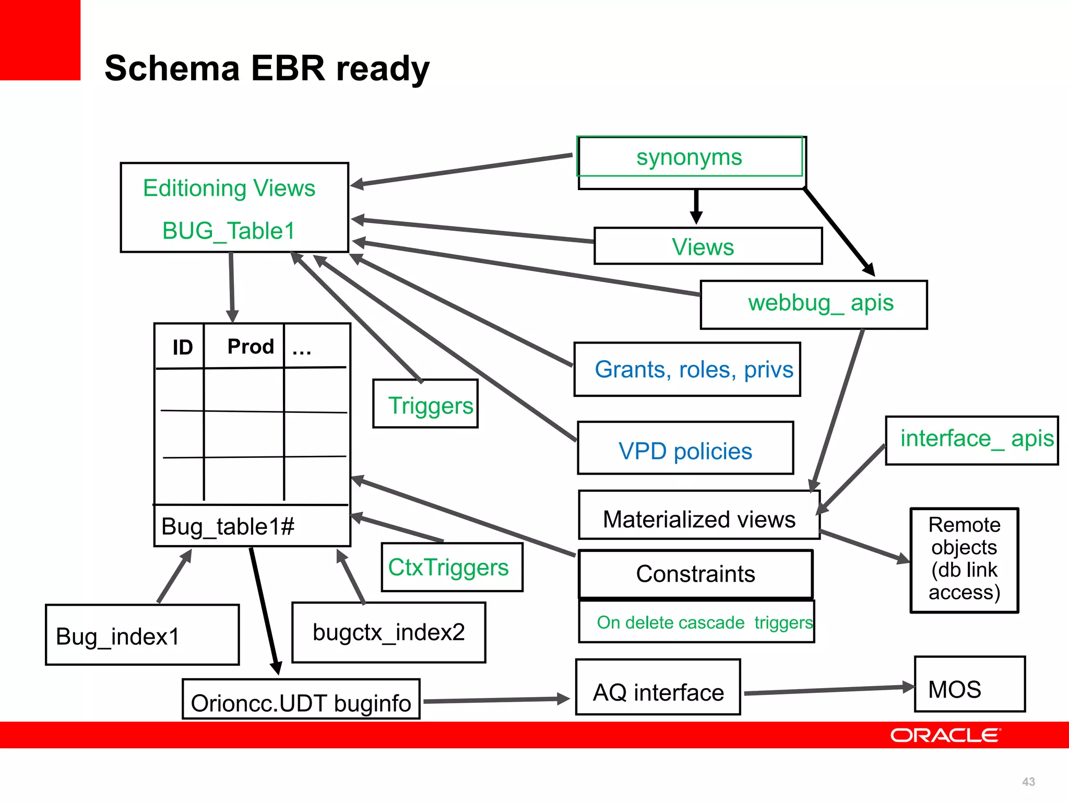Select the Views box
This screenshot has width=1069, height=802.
coord(708,246)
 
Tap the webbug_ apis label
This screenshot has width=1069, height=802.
coord(820,303)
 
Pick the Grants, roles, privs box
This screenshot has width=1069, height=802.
coord(687,370)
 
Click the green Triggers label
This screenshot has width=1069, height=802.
coord(430,406)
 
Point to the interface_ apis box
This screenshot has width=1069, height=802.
coord(972,440)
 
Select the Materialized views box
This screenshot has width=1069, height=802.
coord(698,518)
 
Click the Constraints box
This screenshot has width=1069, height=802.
coord(695,574)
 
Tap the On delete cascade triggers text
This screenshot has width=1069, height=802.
coord(704,622)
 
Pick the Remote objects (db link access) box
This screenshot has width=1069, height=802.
coord(964,559)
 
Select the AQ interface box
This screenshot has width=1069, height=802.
coord(658,689)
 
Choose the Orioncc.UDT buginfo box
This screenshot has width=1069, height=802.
coord(301,701)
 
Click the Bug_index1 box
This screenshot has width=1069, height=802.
coord(142,635)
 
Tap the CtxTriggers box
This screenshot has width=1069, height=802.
coord(452,568)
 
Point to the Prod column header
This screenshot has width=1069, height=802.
coord(250,347)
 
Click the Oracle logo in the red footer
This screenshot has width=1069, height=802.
coord(945,735)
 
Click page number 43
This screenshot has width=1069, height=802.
coord(1028,782)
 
